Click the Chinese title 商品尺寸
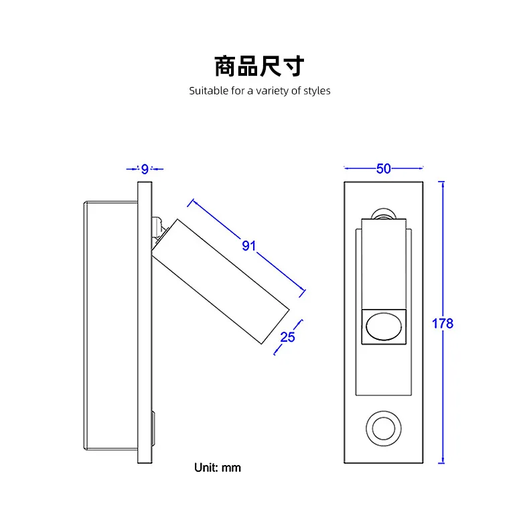coord(259,66)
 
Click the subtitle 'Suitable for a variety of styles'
coord(259,90)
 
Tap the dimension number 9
coord(145,169)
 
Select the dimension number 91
coord(249,246)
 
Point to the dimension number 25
coord(287,337)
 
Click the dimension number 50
coord(383,169)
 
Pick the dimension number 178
coord(443,324)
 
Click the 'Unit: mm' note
coord(217,467)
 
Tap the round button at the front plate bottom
coord(383,427)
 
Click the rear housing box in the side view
coord(110,325)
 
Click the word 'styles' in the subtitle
coord(317,90)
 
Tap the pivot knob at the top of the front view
coord(384,214)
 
